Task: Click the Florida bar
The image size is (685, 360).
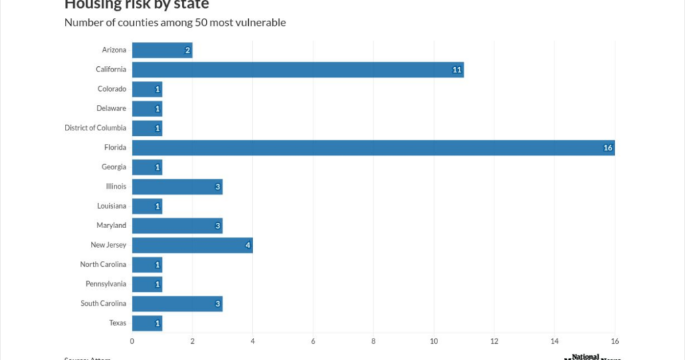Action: point(373,148)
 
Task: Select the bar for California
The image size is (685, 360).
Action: point(298,70)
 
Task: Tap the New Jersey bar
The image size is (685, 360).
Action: point(192,246)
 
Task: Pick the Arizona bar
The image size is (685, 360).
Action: point(162,50)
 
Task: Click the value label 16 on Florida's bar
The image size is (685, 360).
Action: point(607,148)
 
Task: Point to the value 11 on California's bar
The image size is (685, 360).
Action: point(457,70)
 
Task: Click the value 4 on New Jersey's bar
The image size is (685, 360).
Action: point(248,246)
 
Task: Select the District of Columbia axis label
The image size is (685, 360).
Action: point(95,128)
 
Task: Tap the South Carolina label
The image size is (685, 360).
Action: point(103,304)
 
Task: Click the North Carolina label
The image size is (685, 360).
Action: point(103,265)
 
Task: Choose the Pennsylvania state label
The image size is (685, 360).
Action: point(106,284)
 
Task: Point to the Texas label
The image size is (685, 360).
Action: point(118,323)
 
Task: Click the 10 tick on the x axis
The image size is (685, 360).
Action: point(433,342)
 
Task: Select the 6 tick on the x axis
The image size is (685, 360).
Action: point(313,342)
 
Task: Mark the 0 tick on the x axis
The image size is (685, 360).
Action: point(132,342)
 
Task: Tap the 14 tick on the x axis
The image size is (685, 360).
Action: point(555,342)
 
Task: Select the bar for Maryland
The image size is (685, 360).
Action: point(177,226)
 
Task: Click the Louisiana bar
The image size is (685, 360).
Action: point(146,206)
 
